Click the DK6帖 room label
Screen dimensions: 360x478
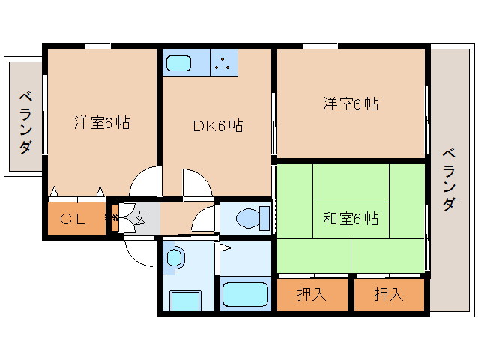pos(217,125)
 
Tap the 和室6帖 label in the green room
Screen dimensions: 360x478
pos(351,218)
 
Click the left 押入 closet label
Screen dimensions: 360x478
pos(312,294)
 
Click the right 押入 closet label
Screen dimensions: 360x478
pos(388,294)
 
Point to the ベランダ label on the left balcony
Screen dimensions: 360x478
pos(25,120)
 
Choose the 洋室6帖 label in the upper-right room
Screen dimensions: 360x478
pos(350,104)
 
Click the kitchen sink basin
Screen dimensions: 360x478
pos(181,63)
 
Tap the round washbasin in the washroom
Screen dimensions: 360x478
pos(175,259)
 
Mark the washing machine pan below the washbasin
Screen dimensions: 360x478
pos(185,300)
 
